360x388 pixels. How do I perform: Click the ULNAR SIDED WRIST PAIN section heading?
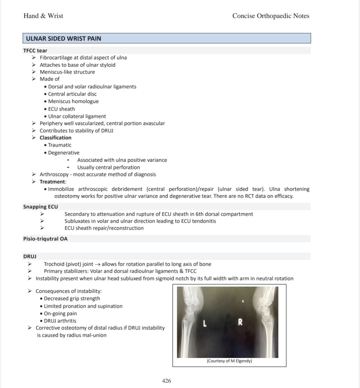pos(64,38)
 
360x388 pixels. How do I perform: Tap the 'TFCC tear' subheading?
pos(35,50)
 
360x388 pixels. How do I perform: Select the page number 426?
pos(167,381)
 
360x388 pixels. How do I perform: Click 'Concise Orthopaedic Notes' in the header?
pos(271,16)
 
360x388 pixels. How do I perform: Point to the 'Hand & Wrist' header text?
pos(43,16)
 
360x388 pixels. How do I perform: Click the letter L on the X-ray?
pos(204,324)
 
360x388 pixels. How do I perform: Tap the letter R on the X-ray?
pos(240,322)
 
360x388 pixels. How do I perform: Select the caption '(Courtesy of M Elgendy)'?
pos(229,361)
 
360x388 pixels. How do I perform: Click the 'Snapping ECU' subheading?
pos(41,207)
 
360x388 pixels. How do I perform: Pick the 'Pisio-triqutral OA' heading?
pos(45,239)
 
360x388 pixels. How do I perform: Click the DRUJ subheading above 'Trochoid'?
pos(30,257)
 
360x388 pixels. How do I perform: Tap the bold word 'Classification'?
pos(55,138)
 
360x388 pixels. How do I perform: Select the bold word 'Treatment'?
pos(53,182)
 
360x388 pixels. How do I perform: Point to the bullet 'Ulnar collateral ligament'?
pos(77,116)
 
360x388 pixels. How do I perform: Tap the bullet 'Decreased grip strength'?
pos(72,299)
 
